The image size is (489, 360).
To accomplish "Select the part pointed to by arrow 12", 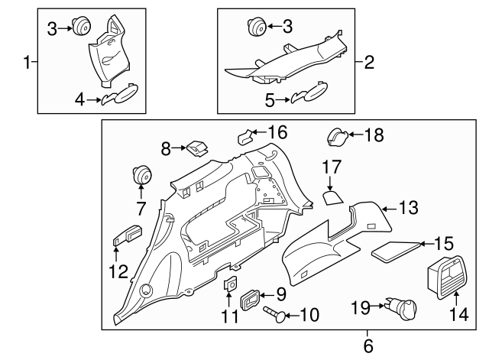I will click(x=127, y=233).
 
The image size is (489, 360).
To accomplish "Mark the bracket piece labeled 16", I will click(x=244, y=138).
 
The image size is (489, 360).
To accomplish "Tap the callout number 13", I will click(x=410, y=207).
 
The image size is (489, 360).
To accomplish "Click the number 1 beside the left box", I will click(x=28, y=62).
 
